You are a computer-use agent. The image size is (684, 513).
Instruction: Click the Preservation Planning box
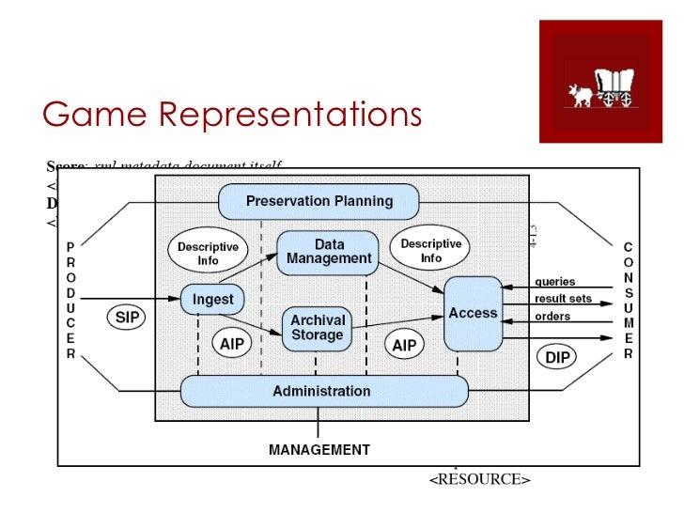(319, 201)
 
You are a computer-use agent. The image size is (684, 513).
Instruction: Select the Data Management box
(329, 251)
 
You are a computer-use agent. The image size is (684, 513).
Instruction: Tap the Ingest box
(212, 300)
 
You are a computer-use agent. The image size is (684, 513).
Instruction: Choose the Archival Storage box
(317, 328)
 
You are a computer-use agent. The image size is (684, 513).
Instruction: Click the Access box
(473, 314)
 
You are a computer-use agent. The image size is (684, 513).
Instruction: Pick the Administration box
(322, 391)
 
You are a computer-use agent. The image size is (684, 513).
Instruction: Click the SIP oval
(127, 318)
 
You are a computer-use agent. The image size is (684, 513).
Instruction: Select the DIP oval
(558, 358)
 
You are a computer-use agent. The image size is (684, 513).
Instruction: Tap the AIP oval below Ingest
(232, 345)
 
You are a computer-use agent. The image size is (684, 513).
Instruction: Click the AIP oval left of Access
(404, 345)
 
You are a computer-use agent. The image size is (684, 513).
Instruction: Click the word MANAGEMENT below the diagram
(319, 450)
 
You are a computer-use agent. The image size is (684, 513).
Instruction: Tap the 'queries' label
(554, 282)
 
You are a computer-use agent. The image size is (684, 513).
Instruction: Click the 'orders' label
(552, 317)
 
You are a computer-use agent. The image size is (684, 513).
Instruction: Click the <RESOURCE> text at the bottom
(479, 480)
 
